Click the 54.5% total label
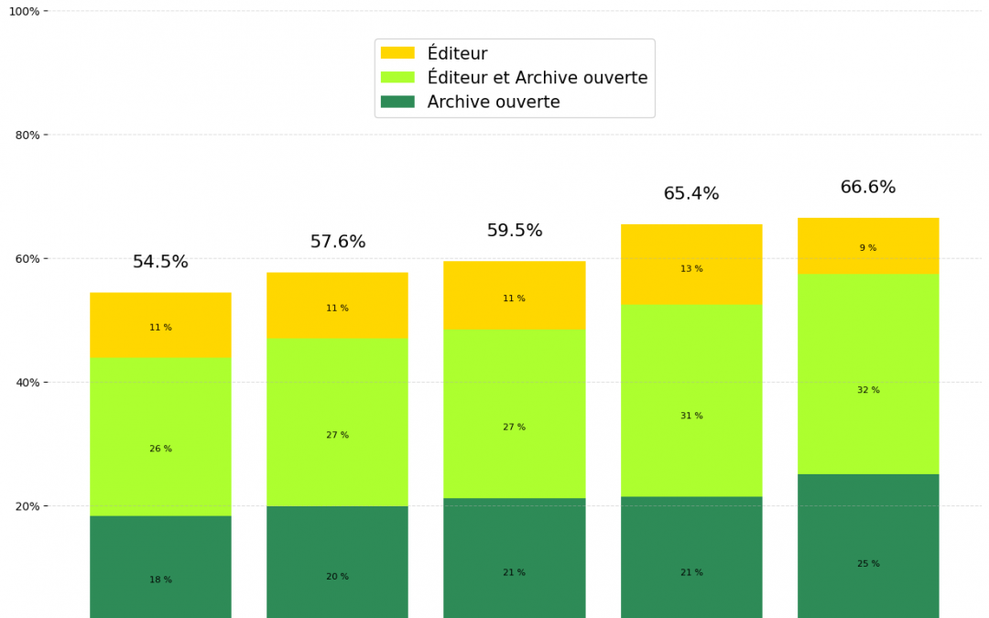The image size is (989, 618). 160,262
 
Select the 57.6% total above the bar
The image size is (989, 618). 337,242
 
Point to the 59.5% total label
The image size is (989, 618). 514,231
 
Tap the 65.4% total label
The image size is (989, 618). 691,194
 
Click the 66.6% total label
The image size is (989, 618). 868,188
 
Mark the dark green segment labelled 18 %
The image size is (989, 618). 160,567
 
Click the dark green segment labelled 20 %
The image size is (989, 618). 337,562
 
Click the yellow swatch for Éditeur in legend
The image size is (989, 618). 397,54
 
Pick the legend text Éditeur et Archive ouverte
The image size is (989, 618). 538,78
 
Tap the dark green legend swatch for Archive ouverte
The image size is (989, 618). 397,102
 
